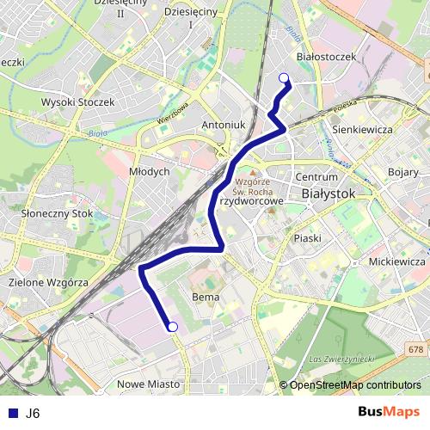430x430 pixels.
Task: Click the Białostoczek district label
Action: [325, 56]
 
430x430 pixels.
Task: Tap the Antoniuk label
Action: [224, 125]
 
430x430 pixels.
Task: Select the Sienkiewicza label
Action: [361, 129]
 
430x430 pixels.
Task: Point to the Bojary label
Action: [402, 172]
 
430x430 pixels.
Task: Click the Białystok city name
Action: [329, 194]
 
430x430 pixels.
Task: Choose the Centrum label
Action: [310, 177]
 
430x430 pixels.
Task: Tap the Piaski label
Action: [307, 237]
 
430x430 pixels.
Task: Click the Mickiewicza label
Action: [397, 260]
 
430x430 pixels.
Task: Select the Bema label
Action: [206, 297]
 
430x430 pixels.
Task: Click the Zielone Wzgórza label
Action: [48, 282]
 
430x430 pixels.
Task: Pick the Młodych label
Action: [149, 171]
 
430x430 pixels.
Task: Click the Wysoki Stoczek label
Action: [77, 101]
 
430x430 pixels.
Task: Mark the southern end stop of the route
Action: [172, 326]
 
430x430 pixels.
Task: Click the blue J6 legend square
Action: [12, 413]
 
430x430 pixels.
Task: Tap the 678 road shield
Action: [416, 348]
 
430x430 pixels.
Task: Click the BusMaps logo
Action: [389, 413]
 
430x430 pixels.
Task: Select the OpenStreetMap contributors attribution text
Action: [354, 385]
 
